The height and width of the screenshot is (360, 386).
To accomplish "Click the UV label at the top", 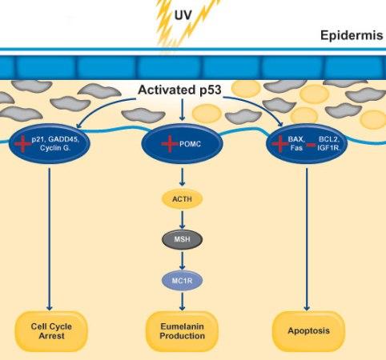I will tap(184, 14).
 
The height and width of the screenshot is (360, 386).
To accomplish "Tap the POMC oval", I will tap(184, 143).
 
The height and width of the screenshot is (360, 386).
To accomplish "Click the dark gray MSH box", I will tap(184, 239).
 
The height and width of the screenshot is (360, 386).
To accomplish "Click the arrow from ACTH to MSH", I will tap(184, 219).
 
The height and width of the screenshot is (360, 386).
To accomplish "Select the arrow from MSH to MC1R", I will tap(184, 258).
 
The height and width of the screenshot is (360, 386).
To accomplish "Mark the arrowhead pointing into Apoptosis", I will tap(308, 307).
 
